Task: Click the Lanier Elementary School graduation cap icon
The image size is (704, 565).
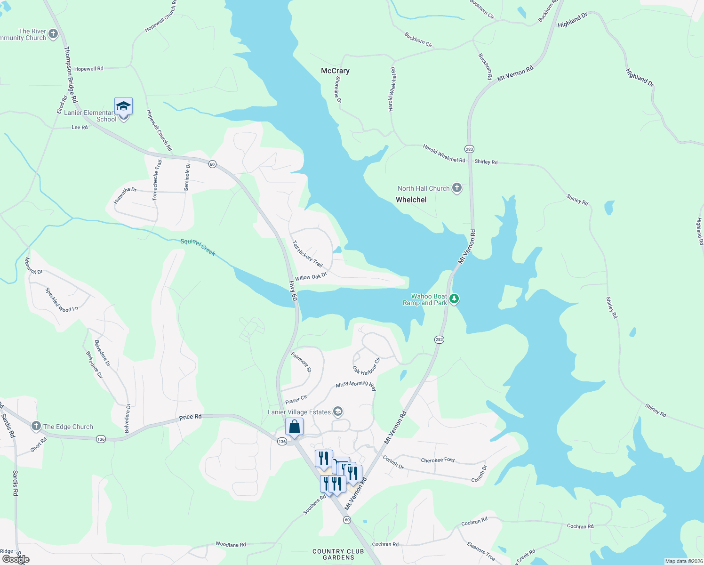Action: click(x=123, y=106)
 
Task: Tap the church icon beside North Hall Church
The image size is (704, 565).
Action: click(x=456, y=188)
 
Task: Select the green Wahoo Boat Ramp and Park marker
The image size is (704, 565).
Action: click(x=454, y=299)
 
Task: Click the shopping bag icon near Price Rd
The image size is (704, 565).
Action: click(x=294, y=427)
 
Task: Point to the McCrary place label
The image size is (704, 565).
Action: click(x=335, y=71)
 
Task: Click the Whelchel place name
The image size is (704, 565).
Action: click(x=411, y=200)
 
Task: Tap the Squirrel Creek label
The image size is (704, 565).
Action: click(x=198, y=247)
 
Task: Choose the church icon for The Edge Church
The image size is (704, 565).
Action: click(x=36, y=426)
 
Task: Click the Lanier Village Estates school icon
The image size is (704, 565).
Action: click(x=337, y=412)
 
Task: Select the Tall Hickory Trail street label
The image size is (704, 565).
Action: click(x=307, y=254)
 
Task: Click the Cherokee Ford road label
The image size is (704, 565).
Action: click(x=438, y=460)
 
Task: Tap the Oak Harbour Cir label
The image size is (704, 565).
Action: click(x=367, y=366)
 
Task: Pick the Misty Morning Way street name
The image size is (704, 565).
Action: click(x=356, y=386)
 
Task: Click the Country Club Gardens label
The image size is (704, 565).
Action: click(x=338, y=554)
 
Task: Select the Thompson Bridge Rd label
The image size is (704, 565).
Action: click(x=70, y=74)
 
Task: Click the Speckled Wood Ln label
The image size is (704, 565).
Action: click(x=62, y=300)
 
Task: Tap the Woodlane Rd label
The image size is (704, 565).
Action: click(x=231, y=544)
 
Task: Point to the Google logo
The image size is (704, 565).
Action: click(x=16, y=559)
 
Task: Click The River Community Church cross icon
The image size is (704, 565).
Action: click(x=53, y=33)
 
